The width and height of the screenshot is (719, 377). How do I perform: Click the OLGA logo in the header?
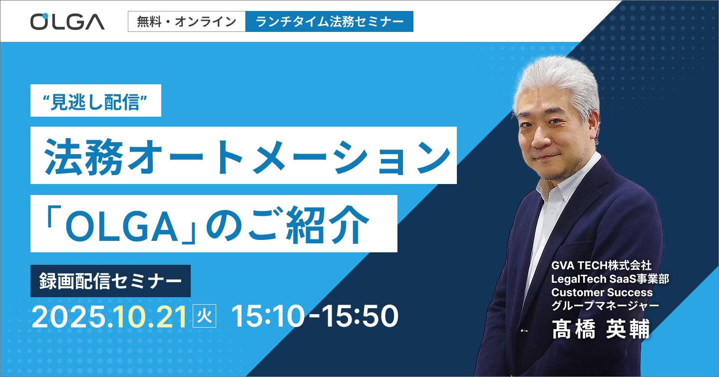click(67, 21)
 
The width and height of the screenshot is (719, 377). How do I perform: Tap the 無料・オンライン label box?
click(187, 21)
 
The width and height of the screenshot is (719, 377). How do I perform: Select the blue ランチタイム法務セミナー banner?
click(330, 21)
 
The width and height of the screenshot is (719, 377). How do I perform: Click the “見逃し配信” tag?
click(96, 100)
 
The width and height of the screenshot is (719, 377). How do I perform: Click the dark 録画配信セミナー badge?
click(110, 281)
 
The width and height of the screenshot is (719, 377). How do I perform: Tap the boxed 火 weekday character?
click(205, 316)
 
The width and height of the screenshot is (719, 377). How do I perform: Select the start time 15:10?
click(268, 316)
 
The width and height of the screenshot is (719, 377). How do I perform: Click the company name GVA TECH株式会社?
click(601, 265)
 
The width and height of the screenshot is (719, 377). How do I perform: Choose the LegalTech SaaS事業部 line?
click(610, 279)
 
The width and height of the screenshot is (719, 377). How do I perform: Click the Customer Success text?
click(602, 292)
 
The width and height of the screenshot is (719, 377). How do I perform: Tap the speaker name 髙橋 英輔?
click(601, 329)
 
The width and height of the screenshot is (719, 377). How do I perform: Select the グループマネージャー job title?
click(605, 306)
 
